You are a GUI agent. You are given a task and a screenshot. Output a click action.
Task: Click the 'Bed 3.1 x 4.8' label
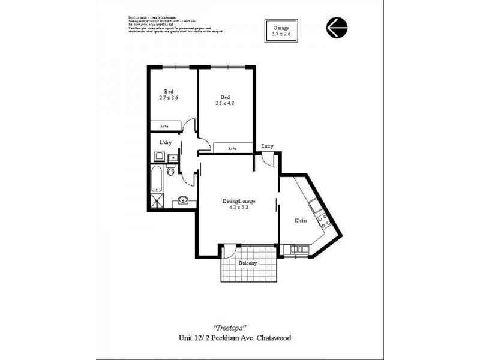click(x=225, y=100)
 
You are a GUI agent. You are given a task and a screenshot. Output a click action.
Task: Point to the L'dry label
click(x=166, y=143)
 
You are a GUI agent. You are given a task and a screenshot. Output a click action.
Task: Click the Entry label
click(x=267, y=146)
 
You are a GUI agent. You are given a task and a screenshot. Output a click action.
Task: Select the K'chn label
click(x=301, y=221)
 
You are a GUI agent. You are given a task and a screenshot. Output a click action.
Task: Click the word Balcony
click(x=248, y=263)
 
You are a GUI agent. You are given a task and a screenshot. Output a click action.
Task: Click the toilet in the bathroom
click(x=171, y=173)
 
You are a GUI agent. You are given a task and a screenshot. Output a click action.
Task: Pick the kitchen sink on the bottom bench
click(x=295, y=248)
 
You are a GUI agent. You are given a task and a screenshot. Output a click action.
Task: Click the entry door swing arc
click(x=268, y=158)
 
